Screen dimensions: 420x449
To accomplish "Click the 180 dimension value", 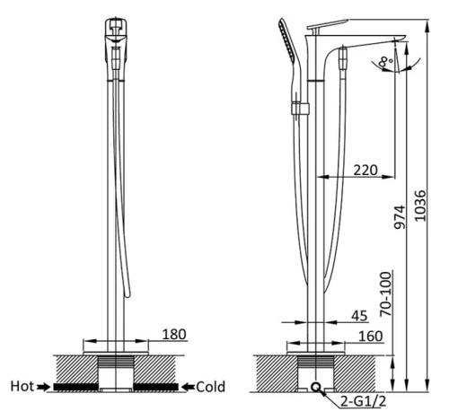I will tap(174, 335).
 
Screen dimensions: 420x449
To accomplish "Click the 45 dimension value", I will tap(359, 314).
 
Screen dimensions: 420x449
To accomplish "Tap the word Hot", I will tap(22, 388).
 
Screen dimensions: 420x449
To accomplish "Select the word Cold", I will tap(210, 388).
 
